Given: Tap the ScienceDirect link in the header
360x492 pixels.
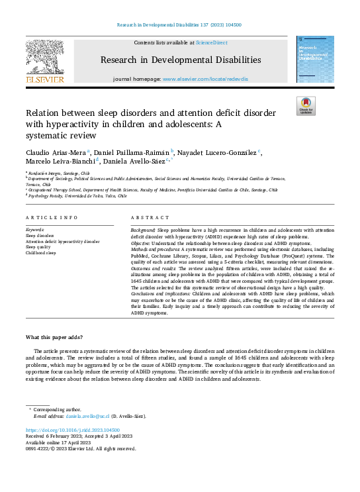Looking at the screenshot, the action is point(212,42).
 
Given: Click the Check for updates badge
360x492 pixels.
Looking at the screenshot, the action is point(306,106).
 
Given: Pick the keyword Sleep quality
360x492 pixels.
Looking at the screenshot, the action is point(39,247).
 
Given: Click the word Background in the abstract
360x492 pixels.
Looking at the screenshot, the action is point(143,229).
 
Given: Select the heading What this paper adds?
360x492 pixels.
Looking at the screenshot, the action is point(54,337).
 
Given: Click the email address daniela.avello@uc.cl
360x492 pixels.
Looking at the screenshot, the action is point(89,417).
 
